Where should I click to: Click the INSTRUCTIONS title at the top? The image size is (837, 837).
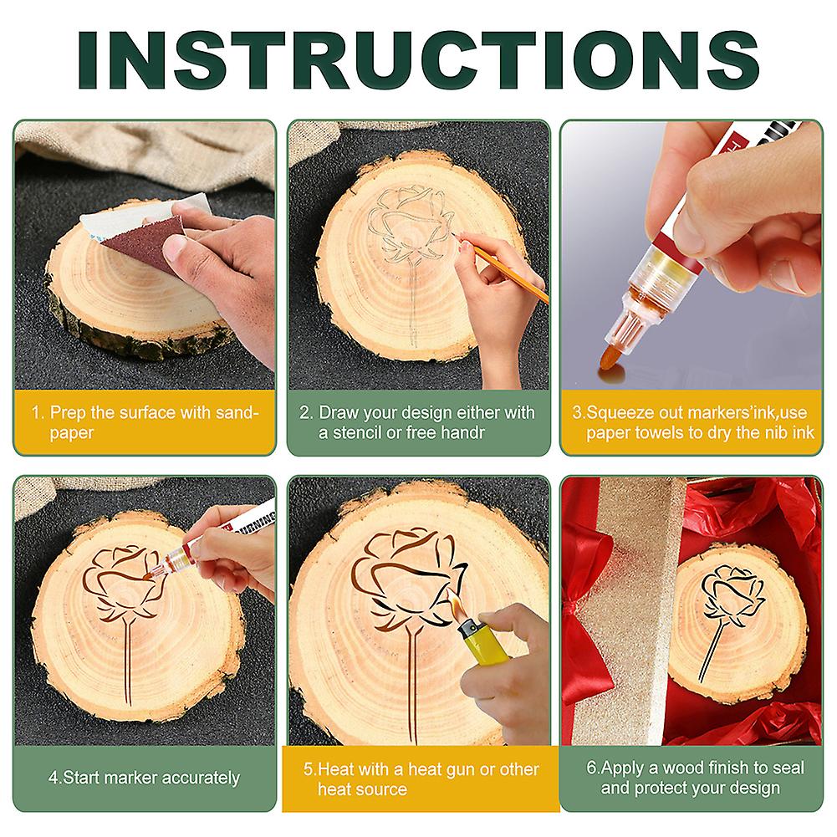(418, 56)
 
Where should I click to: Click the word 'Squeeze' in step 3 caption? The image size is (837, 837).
(619, 413)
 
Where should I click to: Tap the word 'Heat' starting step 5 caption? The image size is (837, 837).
(334, 769)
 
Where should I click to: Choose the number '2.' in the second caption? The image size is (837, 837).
(307, 413)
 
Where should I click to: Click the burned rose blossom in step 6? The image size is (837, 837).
(732, 594)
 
